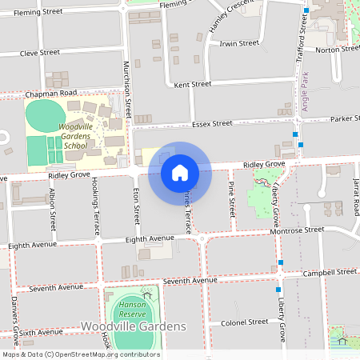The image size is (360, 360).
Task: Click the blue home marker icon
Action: click(179, 172)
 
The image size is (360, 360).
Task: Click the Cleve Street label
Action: click(40, 52)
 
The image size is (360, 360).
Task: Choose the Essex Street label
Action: click(212, 123)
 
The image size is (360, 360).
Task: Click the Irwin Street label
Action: click(239, 43)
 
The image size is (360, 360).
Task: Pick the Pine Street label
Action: click(232, 200)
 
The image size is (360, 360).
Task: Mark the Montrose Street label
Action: click(301, 229)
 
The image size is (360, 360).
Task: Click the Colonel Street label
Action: click(244, 322)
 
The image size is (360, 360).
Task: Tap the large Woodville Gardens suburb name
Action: click(133, 326)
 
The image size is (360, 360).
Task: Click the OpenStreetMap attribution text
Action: click(80, 354)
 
